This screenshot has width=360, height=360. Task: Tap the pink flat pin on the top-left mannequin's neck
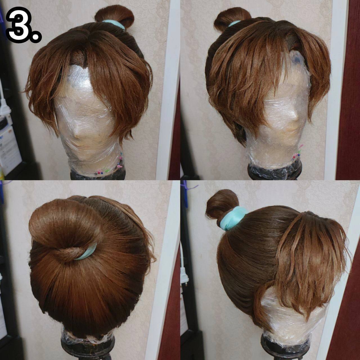pyautogui.click(x=120, y=166)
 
